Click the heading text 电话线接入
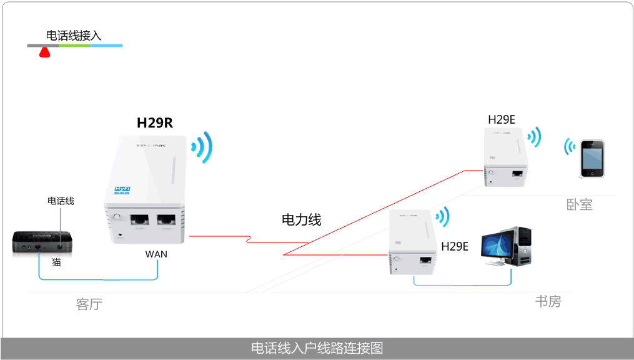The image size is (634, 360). pos(73,36)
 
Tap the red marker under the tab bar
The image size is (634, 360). pos(45,52)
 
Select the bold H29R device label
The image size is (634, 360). pos(154,122)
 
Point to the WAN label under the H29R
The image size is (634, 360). pos(156,254)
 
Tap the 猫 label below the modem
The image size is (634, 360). pos(56,262)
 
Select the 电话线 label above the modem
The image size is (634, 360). pos(61,201)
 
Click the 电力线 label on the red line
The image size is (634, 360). pos(301,219)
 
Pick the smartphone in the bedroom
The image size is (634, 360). pos(591,159)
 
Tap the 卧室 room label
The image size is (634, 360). pos(580,204)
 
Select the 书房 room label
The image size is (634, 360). pos(548,301)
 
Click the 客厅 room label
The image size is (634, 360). pos(89,304)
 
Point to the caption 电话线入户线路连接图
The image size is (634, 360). pos(317,348)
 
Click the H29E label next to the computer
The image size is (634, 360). pos(455,246)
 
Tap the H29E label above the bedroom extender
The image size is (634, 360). pos(502,119)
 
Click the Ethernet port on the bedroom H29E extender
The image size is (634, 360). pos(517,173)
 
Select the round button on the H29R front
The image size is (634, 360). pos(117,218)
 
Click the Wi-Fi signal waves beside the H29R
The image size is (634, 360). pos(202,147)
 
